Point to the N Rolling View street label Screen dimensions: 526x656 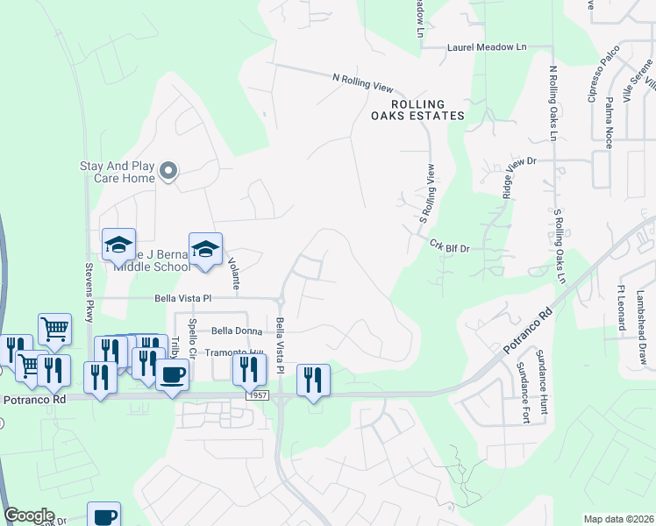coord(362,82)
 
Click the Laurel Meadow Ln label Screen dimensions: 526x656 coord(487,47)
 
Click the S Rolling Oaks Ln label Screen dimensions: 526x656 coord(558,246)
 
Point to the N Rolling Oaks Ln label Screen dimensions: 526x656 coord(553,103)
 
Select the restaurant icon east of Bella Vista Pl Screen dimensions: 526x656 coord(313,381)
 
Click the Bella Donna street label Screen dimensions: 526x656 coord(232,331)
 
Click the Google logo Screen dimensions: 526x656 coord(29,515)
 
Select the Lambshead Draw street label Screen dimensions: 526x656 coord(641,316)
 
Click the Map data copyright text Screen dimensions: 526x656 coord(618,519)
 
